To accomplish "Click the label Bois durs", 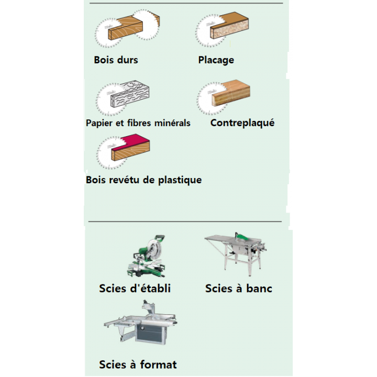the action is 116,60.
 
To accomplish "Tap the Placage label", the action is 216,60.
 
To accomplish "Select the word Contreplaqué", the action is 242,123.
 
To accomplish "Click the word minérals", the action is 172,123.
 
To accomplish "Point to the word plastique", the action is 180,180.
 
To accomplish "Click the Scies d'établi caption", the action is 135,289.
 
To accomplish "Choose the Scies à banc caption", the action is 239,289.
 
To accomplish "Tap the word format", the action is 158,365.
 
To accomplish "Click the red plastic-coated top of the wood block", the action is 131,142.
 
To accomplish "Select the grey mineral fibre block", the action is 130,94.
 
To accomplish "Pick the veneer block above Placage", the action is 230,25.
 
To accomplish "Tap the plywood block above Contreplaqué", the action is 231,93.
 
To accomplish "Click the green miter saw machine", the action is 146,256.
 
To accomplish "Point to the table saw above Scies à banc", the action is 236,253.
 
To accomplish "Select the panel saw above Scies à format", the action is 141,322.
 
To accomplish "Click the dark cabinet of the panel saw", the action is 151,332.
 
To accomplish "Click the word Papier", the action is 99,124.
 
